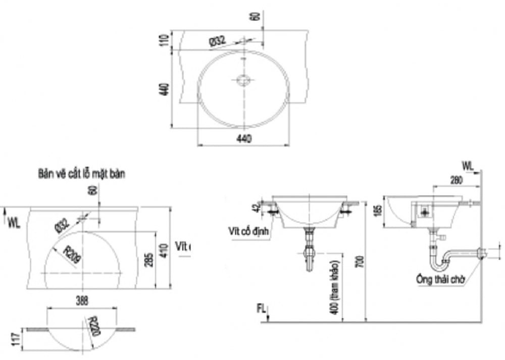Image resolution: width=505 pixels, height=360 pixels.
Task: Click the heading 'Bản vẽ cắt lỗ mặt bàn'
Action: tap(81, 174)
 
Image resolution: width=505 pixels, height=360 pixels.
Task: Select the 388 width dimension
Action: tap(81, 301)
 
